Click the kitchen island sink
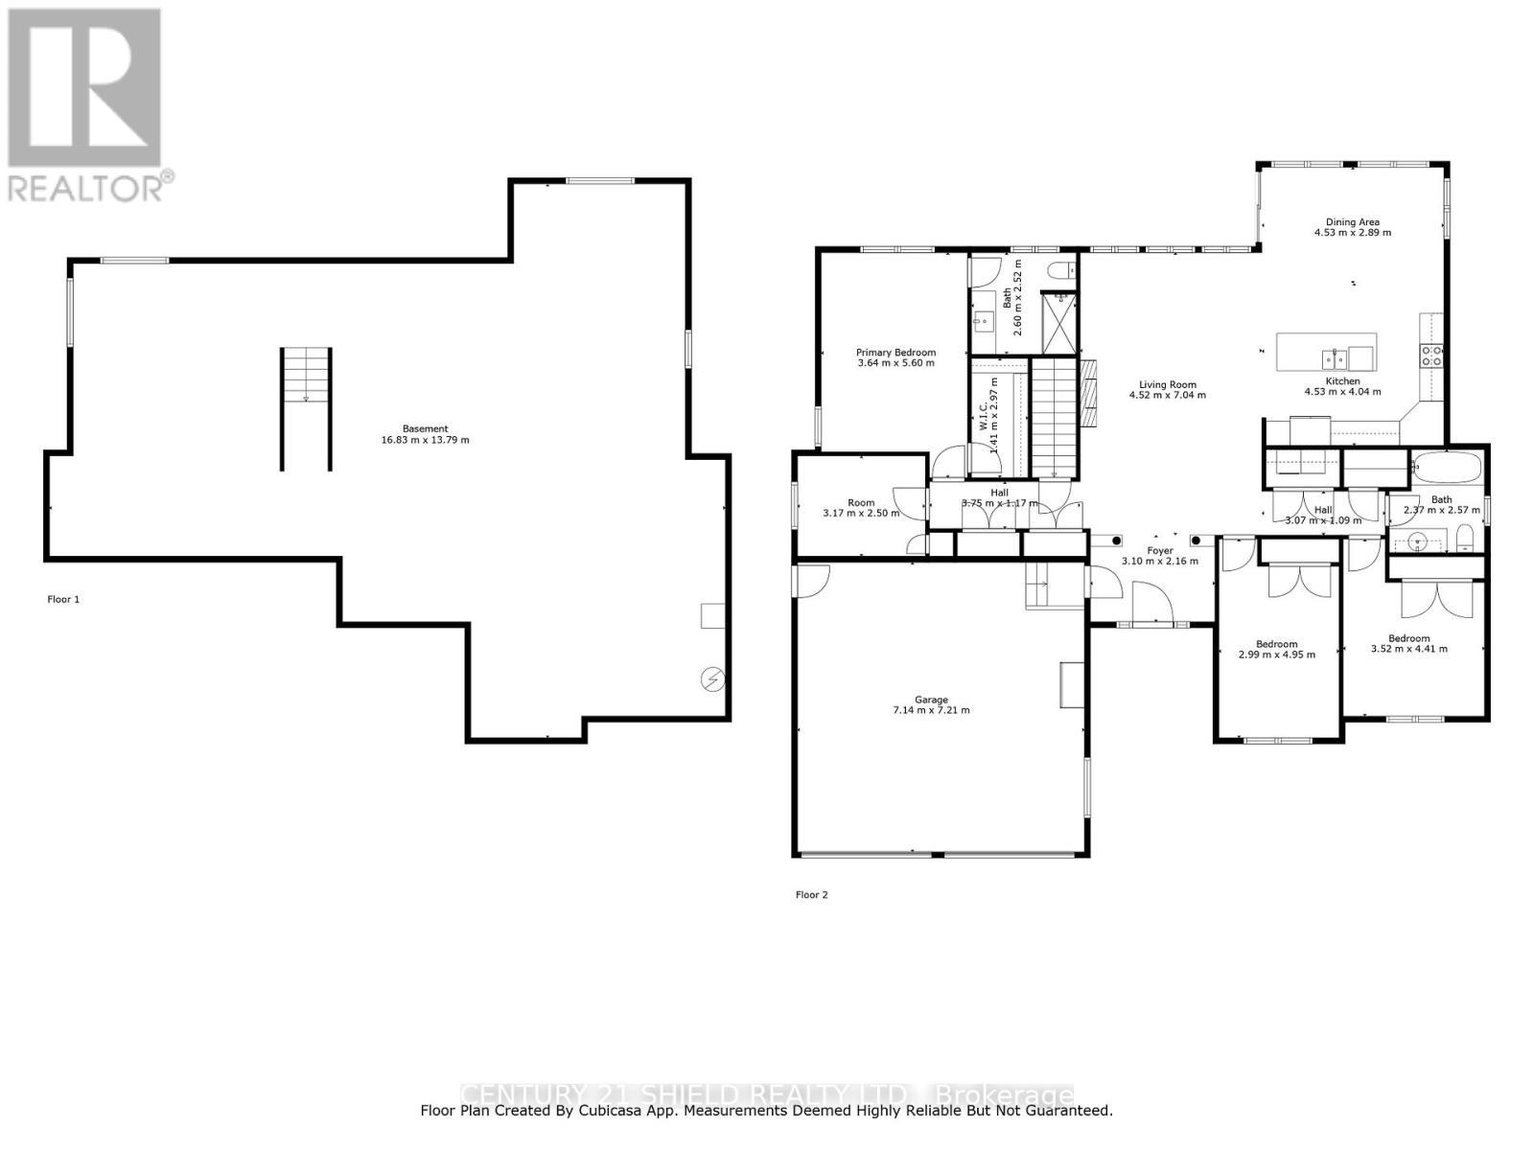(1335, 359)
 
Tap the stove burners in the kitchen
(1431, 356)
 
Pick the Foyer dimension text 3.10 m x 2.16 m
(1160, 562)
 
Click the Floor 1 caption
(63, 600)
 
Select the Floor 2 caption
(811, 895)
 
